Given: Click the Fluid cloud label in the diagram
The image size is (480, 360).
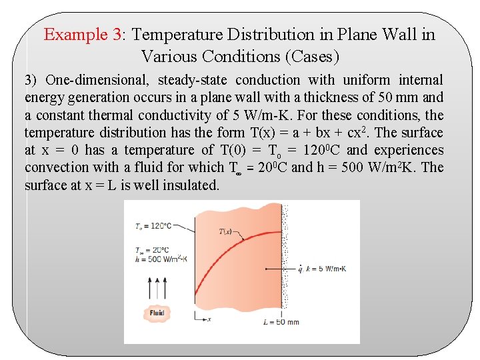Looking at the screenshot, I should [x=157, y=313].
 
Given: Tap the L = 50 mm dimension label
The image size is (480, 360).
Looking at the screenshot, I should [x=281, y=322].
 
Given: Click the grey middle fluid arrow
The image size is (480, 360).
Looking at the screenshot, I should [x=157, y=289].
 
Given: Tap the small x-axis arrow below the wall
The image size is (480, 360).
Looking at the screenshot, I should [x=203, y=319].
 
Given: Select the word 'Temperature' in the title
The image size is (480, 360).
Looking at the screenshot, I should [x=177, y=35].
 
